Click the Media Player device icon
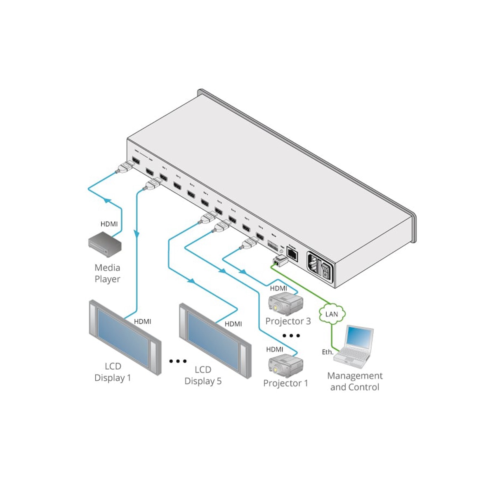pos(105,243)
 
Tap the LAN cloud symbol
pos(332,313)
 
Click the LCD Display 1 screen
pos(124,339)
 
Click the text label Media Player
pos(107,273)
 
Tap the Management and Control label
pos(355,381)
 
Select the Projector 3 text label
pos(288,321)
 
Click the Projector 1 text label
pos(285,383)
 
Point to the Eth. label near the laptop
pos(328,352)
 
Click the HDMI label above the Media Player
pos(109,224)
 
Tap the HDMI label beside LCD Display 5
pos(233,324)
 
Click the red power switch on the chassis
pos(326,268)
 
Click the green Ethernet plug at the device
pos(278,261)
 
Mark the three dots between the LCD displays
pos(178,361)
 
